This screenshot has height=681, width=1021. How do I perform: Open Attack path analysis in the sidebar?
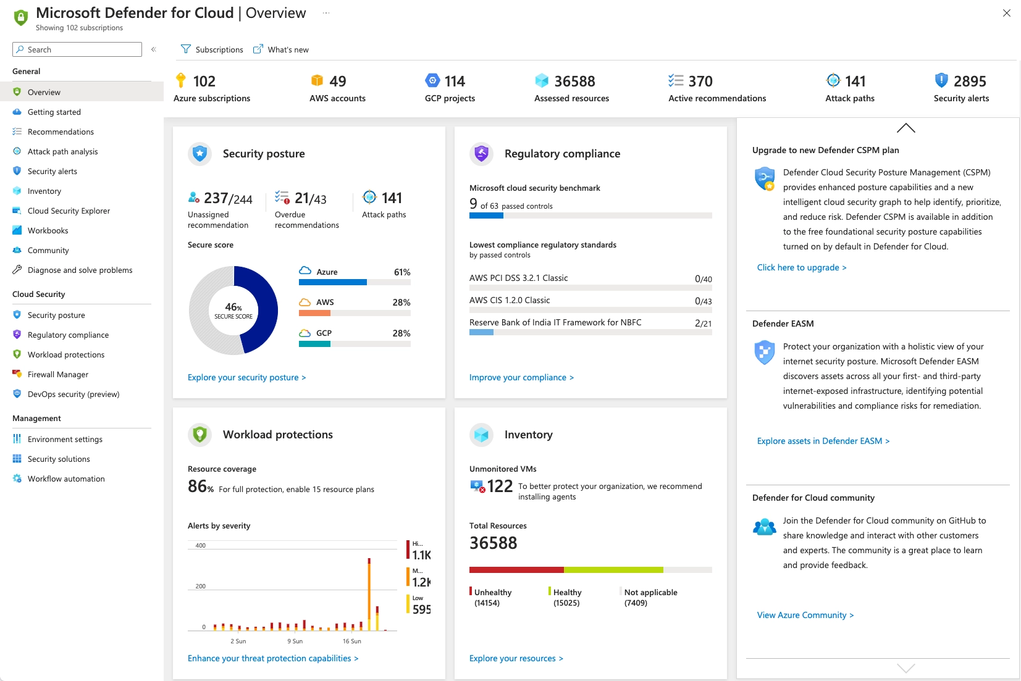pos(62,151)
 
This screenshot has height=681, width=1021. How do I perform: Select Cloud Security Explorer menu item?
pos(69,211)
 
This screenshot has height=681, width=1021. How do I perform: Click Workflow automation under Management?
pos(66,478)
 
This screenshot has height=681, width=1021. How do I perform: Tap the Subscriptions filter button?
pos(212,49)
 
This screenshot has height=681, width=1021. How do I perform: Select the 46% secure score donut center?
pos(233,311)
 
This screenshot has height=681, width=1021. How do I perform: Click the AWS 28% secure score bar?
pos(355,312)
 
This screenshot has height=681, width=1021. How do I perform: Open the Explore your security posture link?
pos(246,377)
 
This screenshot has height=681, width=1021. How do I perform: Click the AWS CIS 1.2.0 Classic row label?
pos(510,300)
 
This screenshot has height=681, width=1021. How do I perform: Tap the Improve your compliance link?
pos(521,377)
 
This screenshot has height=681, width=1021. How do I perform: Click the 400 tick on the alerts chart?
pos(201,546)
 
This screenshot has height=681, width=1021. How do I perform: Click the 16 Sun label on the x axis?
pos(352,641)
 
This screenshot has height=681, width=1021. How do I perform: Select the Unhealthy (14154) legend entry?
pos(492,597)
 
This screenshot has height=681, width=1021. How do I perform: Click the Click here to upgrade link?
pos(801,267)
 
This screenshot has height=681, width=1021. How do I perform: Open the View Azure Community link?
pos(805,615)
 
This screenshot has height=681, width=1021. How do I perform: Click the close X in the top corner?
pos(1007,13)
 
